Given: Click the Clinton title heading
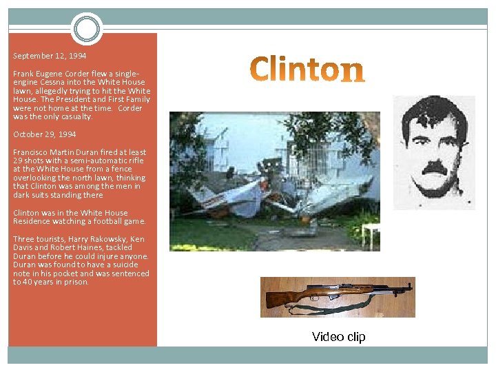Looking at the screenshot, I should tap(307, 70).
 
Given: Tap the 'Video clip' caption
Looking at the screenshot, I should tap(338, 337).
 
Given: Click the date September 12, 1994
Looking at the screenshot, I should tap(50, 56).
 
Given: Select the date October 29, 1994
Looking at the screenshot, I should tap(45, 134).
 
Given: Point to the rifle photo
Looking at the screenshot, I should tap(338, 297).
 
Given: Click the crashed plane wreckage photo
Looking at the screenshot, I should tap(274, 181).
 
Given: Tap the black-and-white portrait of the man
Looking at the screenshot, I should tap(433, 152).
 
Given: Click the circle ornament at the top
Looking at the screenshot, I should tap(86, 30).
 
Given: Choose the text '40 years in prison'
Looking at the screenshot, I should tap(55, 282).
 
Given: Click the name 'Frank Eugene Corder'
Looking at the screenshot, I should tap(48, 73).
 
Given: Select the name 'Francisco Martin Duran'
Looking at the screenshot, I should tap(59, 152).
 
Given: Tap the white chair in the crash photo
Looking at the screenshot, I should tap(371, 234).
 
